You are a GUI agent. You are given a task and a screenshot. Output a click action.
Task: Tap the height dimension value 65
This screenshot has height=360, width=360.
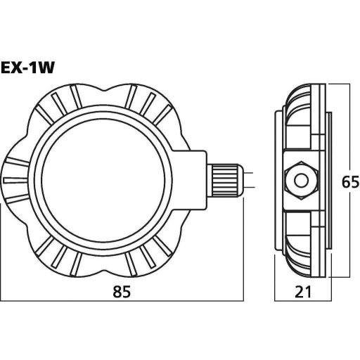point(344,181)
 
